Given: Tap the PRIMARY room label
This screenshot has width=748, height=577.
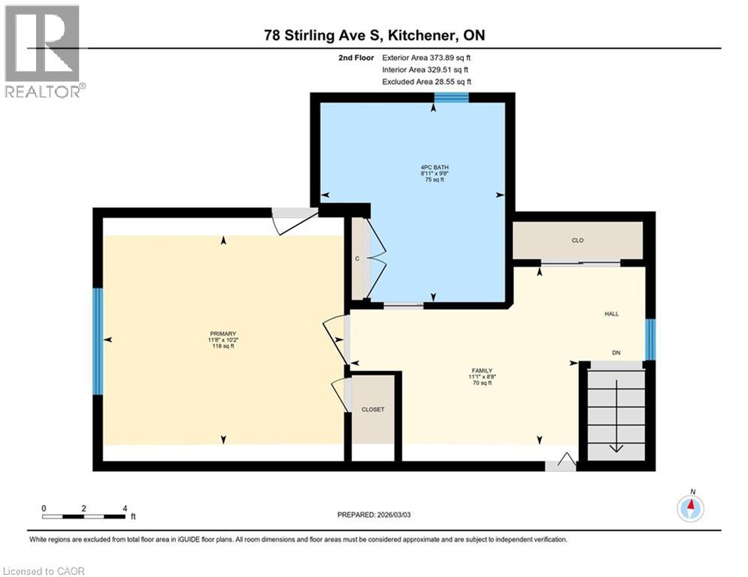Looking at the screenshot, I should pos(223,334).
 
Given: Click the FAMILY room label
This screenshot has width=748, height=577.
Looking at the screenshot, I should pos(481,370).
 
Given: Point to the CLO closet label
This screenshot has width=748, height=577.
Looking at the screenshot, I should pos(577,240).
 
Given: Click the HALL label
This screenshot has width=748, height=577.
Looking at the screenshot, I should pos(611,313).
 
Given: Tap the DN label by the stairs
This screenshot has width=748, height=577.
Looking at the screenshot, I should pos(616,352).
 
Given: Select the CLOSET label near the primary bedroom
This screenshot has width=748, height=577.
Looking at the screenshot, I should pos(373,409).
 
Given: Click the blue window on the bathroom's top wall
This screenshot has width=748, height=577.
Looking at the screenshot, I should pos(452,97).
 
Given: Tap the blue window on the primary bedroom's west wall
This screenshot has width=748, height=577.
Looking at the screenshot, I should pos(97,341).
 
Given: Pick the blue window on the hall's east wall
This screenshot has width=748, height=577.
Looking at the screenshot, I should pos(651,340).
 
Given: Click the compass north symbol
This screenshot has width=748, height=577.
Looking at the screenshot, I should pos(691,509).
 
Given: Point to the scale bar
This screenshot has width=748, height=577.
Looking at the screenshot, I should pos(83,515).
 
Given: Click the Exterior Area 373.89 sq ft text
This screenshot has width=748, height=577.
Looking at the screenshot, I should pos(427,57).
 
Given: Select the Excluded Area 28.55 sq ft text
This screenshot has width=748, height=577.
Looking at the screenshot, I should pos(427,81).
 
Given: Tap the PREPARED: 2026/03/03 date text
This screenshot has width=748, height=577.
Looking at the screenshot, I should pos(378,515).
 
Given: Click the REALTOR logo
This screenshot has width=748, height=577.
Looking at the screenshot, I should pos(44,51).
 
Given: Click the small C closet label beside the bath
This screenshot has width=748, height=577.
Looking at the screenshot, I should pos(358,259).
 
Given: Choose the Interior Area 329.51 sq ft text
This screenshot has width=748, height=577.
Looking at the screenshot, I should pos(427,69).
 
